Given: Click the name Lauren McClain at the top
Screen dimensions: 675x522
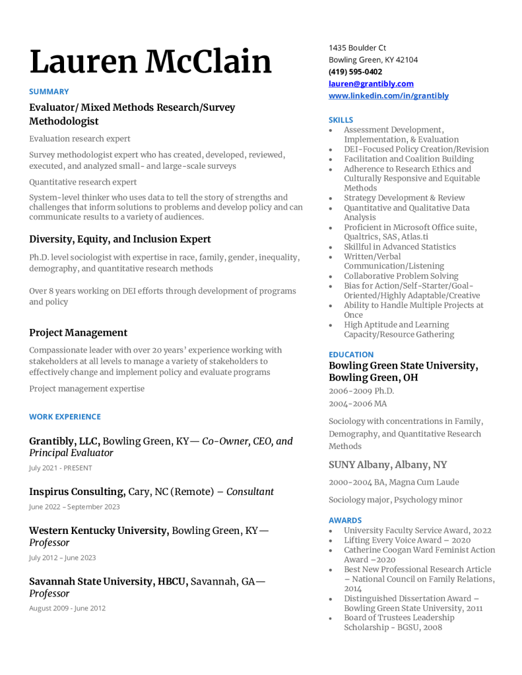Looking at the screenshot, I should [x=150, y=62].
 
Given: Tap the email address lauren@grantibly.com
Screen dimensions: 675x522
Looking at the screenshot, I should [x=371, y=84].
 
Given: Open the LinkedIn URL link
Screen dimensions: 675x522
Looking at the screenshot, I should [x=389, y=96].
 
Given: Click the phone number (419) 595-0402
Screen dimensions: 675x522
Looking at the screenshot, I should [x=355, y=72].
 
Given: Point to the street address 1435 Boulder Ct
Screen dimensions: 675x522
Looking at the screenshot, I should [x=357, y=47].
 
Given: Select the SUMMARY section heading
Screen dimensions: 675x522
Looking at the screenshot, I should [x=49, y=92].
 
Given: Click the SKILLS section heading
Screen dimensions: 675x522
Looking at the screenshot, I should [x=341, y=120].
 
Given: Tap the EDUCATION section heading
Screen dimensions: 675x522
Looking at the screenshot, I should [x=351, y=354].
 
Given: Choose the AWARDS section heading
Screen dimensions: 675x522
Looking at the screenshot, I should [x=345, y=520].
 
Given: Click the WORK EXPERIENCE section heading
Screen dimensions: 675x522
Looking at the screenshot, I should [x=65, y=417].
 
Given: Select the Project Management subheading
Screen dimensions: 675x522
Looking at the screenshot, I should [x=78, y=333].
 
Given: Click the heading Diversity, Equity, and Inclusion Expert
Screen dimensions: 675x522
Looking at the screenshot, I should [x=120, y=239].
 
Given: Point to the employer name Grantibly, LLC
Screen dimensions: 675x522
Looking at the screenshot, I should [x=64, y=441].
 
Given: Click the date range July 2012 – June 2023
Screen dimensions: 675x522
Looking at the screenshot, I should [x=62, y=558].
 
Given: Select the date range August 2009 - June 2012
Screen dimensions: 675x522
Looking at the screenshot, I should [x=67, y=608].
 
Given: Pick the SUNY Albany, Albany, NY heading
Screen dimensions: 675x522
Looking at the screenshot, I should [x=387, y=465].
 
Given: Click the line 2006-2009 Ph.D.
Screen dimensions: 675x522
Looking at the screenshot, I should [x=361, y=391].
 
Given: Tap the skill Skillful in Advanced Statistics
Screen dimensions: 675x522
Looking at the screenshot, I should [x=399, y=247].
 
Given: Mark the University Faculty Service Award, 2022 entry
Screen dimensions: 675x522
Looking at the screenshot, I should [x=417, y=530].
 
